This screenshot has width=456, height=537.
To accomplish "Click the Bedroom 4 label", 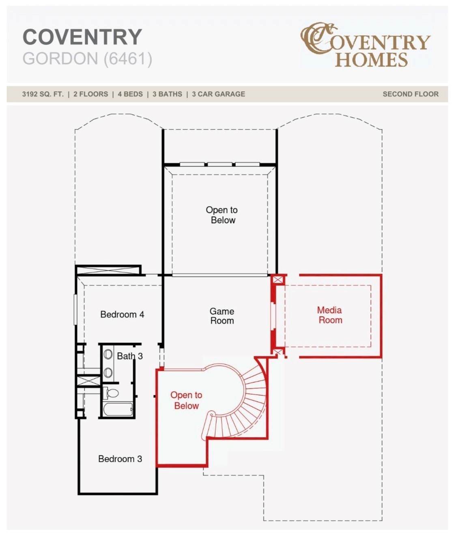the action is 122,314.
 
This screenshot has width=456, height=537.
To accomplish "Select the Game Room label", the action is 222,316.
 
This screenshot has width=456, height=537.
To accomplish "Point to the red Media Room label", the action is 330,315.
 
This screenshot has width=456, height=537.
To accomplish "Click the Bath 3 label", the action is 130,356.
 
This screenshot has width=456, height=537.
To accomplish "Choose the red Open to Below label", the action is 186,400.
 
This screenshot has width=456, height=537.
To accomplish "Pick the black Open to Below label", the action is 222,215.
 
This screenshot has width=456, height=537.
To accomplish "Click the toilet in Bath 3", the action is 111,393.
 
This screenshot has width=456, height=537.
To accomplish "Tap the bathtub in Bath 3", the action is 118,410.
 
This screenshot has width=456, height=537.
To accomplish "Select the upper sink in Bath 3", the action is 108,354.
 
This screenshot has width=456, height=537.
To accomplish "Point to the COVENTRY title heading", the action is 82,37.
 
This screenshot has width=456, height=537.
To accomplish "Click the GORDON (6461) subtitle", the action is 87,58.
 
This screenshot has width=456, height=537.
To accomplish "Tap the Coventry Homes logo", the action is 366,45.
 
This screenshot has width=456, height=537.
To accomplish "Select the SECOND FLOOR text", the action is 411,94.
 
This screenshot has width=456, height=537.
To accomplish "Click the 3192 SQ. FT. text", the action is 43,94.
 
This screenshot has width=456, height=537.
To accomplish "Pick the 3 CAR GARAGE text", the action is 218,94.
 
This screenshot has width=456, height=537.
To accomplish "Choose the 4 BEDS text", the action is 130,94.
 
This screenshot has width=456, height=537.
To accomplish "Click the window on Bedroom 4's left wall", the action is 75,310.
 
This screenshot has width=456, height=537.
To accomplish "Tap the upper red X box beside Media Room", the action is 277,280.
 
